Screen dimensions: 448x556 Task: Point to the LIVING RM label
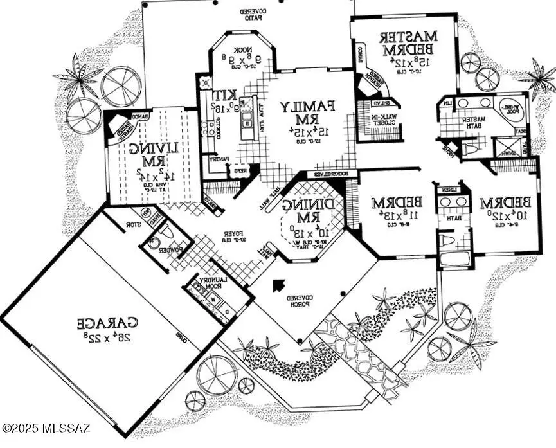148,154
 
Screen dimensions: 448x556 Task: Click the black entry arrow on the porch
278,285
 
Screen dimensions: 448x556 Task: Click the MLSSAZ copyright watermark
46,427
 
